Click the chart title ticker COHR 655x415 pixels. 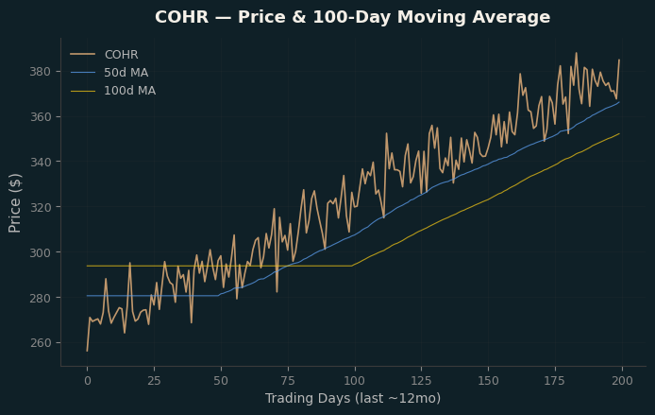pyautogui.click(x=182, y=17)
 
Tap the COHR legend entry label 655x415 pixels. pyautogui.click(x=121, y=55)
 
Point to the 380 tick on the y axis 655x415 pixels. pyautogui.click(x=40, y=72)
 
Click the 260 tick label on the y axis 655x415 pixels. pyautogui.click(x=40, y=342)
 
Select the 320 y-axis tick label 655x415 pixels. pyautogui.click(x=40, y=207)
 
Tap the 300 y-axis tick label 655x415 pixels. pyautogui.click(x=40, y=252)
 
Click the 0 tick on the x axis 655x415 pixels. pyautogui.click(x=88, y=381)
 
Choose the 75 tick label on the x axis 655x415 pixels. pyautogui.click(x=288, y=381)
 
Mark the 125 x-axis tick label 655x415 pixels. pyautogui.click(x=422, y=381)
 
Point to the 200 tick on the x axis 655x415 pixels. pyautogui.click(x=622, y=381)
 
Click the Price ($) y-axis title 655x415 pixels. pyautogui.click(x=14, y=203)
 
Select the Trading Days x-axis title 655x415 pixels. pyautogui.click(x=307, y=398)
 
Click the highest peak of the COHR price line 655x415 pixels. pyautogui.click(x=577, y=53)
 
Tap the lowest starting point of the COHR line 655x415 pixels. pyautogui.click(x=88, y=351)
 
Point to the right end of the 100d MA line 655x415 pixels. pyautogui.click(x=619, y=134)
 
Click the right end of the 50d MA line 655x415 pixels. pyautogui.click(x=619, y=102)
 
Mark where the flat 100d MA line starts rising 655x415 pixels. pyautogui.click(x=352, y=266)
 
